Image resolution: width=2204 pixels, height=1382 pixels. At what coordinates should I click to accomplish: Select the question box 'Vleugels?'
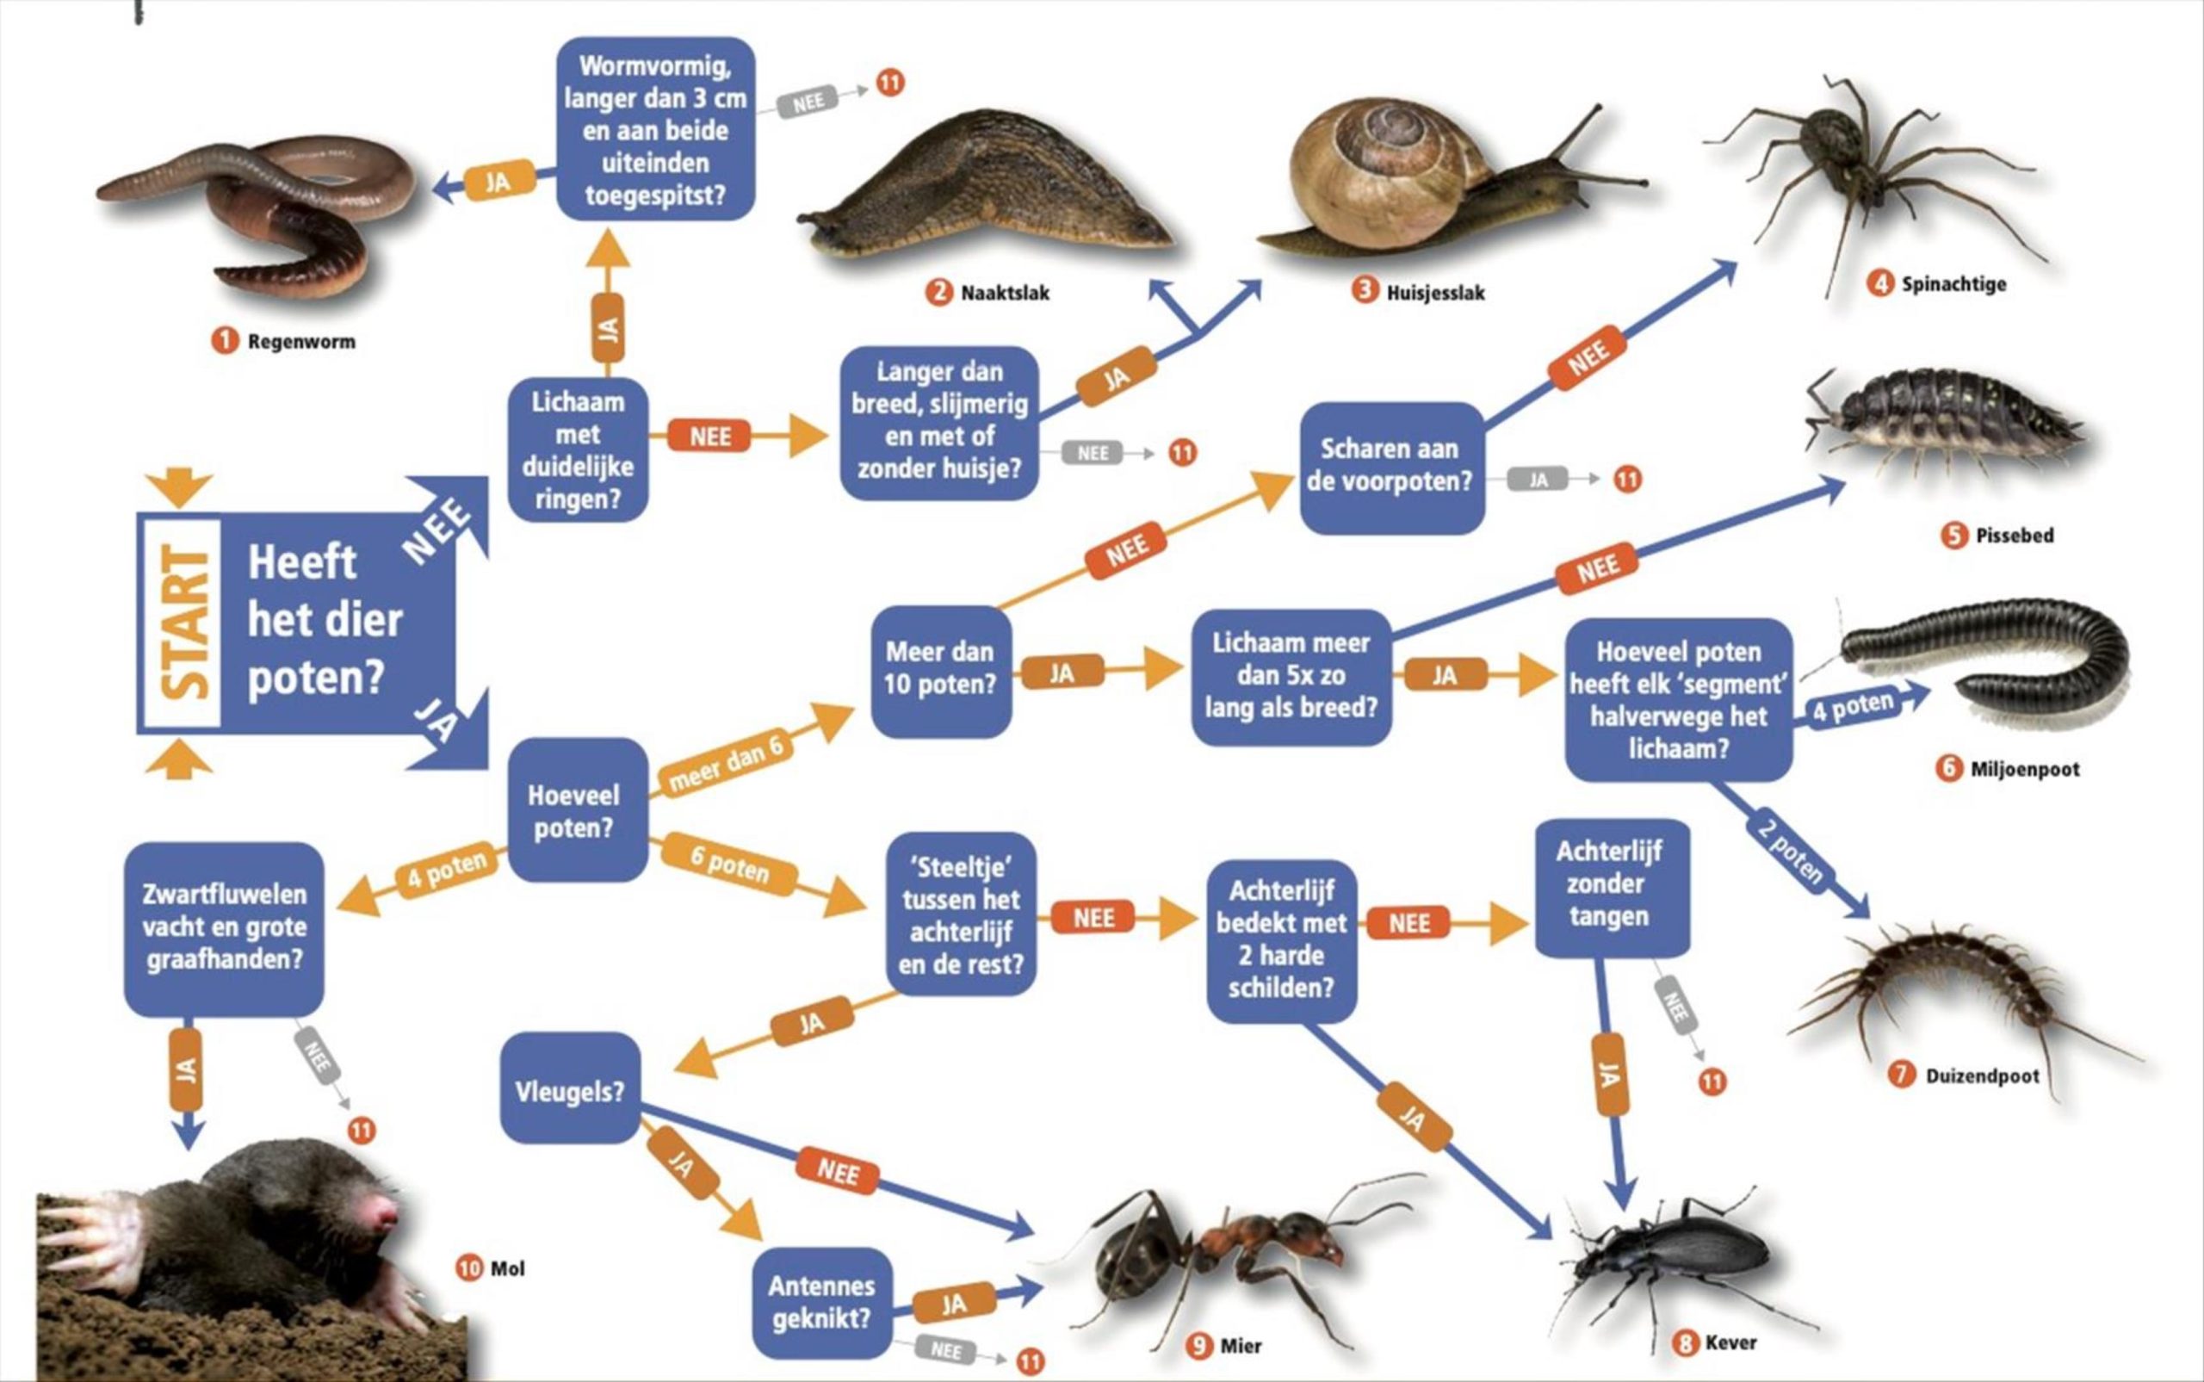pos(570,1090)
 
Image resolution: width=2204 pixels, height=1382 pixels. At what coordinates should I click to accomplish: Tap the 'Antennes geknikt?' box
pos(821,1303)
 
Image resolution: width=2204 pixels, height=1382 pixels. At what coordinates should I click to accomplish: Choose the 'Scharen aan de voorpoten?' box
pos(1390,466)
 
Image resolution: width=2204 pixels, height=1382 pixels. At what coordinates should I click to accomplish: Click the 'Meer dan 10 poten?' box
pos(940,669)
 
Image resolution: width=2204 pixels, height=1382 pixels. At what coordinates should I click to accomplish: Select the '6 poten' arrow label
pos(728,863)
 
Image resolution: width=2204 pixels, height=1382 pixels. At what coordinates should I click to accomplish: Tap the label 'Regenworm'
pos(300,342)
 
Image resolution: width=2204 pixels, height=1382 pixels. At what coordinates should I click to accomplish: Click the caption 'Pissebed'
pos(2014,536)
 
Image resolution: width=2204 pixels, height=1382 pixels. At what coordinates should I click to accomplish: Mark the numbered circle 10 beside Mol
pos(468,1267)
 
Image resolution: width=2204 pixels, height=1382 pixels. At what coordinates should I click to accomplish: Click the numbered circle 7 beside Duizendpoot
pos(1902,1075)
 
